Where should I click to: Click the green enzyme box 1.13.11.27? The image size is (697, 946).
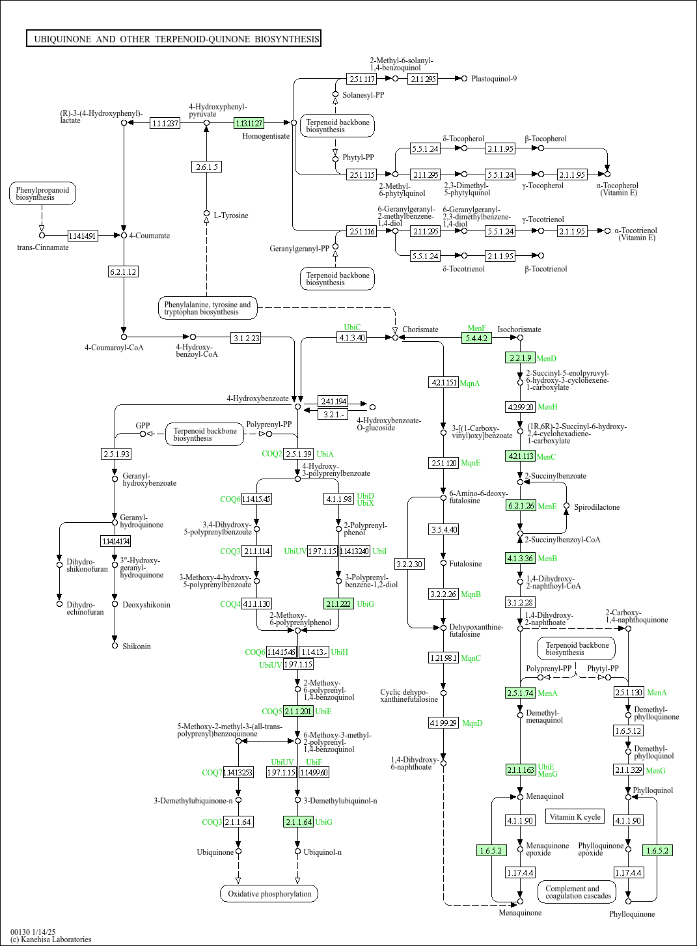(249, 123)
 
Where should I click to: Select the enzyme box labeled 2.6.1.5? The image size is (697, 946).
(207, 167)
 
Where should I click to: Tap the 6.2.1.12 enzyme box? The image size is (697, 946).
(123, 272)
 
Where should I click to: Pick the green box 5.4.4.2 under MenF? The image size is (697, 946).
(476, 338)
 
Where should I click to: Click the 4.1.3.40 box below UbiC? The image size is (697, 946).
(352, 337)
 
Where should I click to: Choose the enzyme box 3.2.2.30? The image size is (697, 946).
(409, 564)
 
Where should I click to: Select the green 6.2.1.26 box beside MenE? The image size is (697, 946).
(521, 506)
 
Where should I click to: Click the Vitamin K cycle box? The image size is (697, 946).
(575, 816)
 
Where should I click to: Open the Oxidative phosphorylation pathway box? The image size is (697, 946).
(269, 894)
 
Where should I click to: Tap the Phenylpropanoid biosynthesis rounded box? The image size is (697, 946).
(42, 193)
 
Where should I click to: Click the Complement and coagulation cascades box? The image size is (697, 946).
(578, 892)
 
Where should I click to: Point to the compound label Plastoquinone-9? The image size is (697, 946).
(494, 79)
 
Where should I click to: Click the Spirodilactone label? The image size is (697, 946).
(597, 507)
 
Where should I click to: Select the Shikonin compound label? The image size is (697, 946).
(137, 647)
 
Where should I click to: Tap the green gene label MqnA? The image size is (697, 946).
(470, 383)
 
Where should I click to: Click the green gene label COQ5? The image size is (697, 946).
(271, 712)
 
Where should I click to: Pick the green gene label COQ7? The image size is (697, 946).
(212, 773)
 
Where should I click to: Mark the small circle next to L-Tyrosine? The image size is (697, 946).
(207, 213)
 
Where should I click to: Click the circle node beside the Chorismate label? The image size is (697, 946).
(395, 337)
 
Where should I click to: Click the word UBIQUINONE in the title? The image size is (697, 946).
(62, 39)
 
